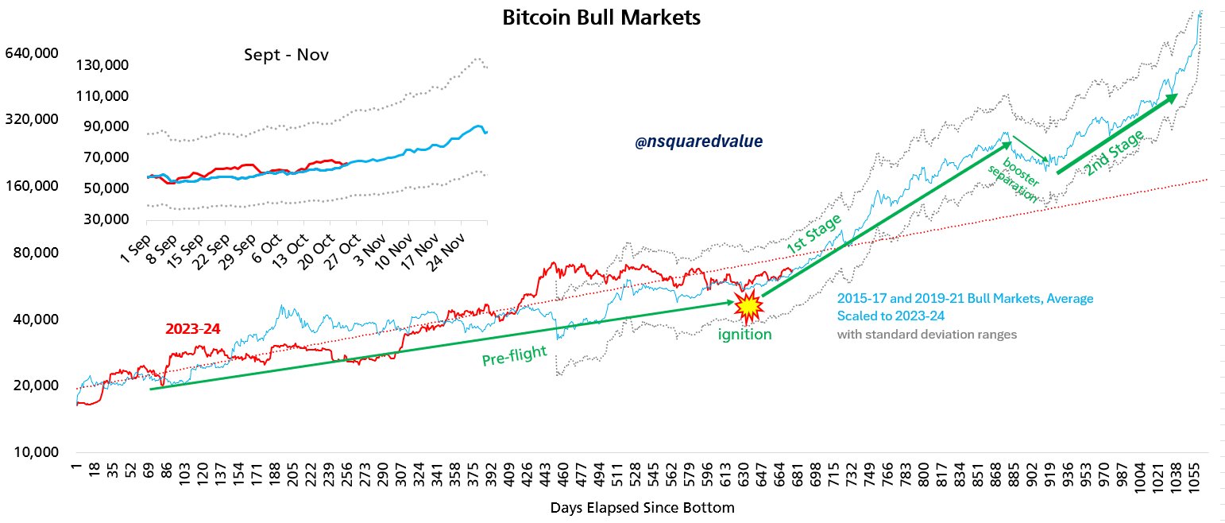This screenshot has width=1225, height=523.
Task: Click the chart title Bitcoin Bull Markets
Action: (x=601, y=17)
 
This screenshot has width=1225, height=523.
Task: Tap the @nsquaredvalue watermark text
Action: (x=698, y=141)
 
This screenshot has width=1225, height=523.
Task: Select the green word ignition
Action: (x=744, y=335)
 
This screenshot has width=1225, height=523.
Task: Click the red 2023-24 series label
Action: (x=192, y=328)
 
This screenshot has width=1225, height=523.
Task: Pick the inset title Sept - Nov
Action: (x=285, y=56)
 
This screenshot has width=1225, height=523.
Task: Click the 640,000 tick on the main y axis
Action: (x=32, y=54)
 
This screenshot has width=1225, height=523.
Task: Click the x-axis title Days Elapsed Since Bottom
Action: (x=642, y=506)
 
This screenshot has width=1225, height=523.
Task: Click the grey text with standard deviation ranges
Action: (x=926, y=335)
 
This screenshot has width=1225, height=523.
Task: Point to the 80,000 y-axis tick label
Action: (x=36, y=253)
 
